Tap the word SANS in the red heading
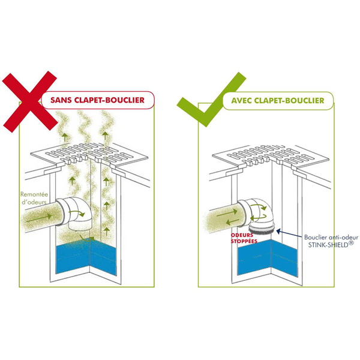click(x=64, y=100)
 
